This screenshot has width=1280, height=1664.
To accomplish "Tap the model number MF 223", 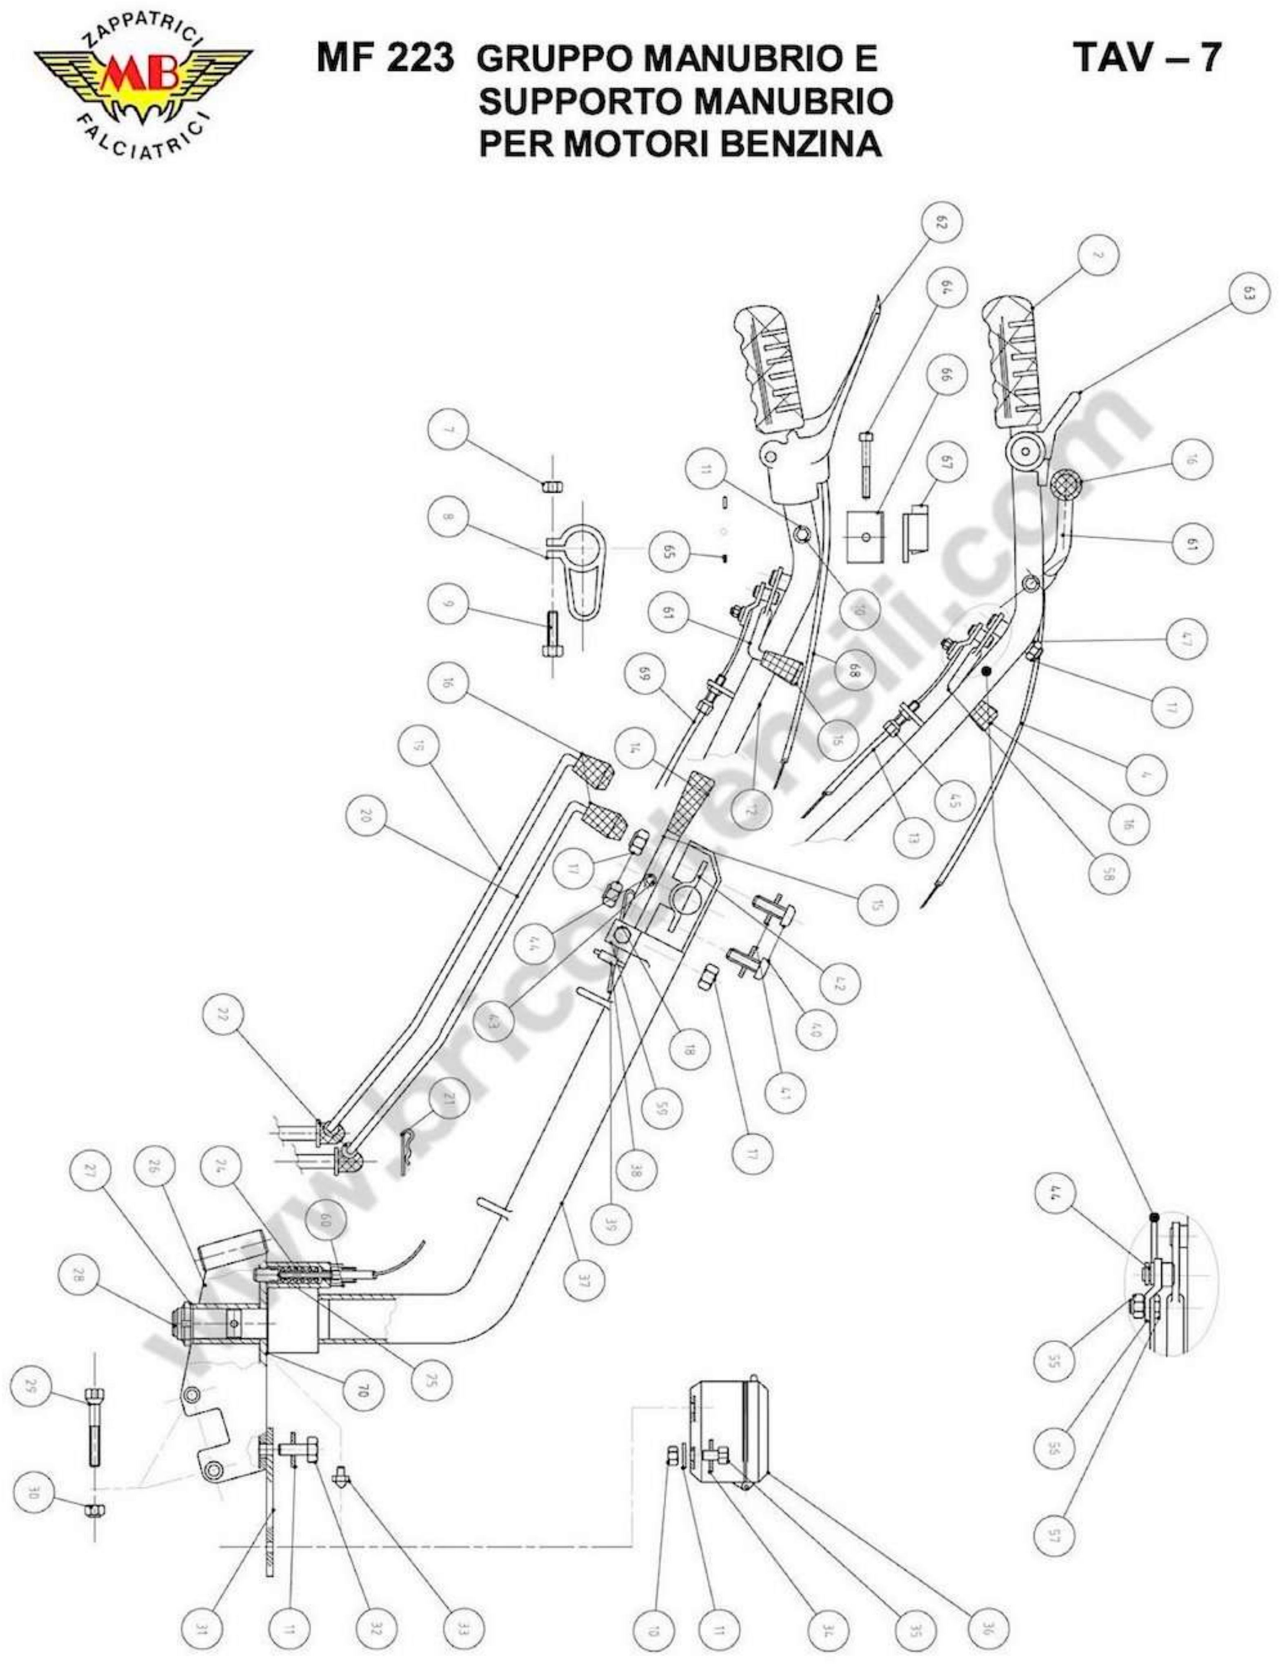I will [385, 58].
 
